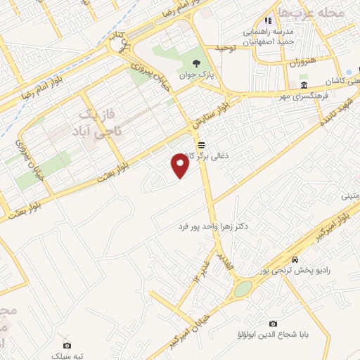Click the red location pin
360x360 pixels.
coord(180,165)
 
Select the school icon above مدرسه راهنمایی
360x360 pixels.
coord(268,21)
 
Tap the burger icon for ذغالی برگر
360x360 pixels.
coord(202,144)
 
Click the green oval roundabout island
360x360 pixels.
coord(243,289)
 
